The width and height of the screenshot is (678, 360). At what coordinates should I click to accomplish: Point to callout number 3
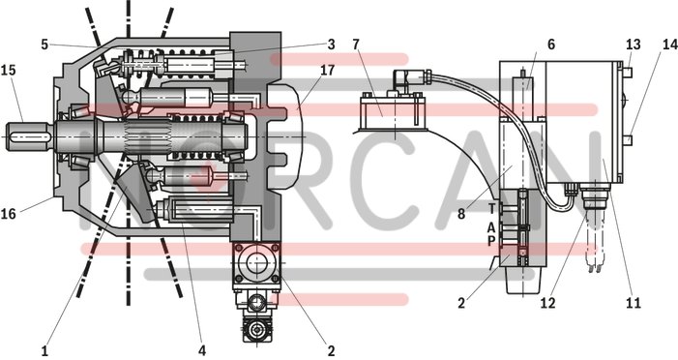point(331,45)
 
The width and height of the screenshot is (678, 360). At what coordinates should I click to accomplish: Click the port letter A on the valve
point(491,227)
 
